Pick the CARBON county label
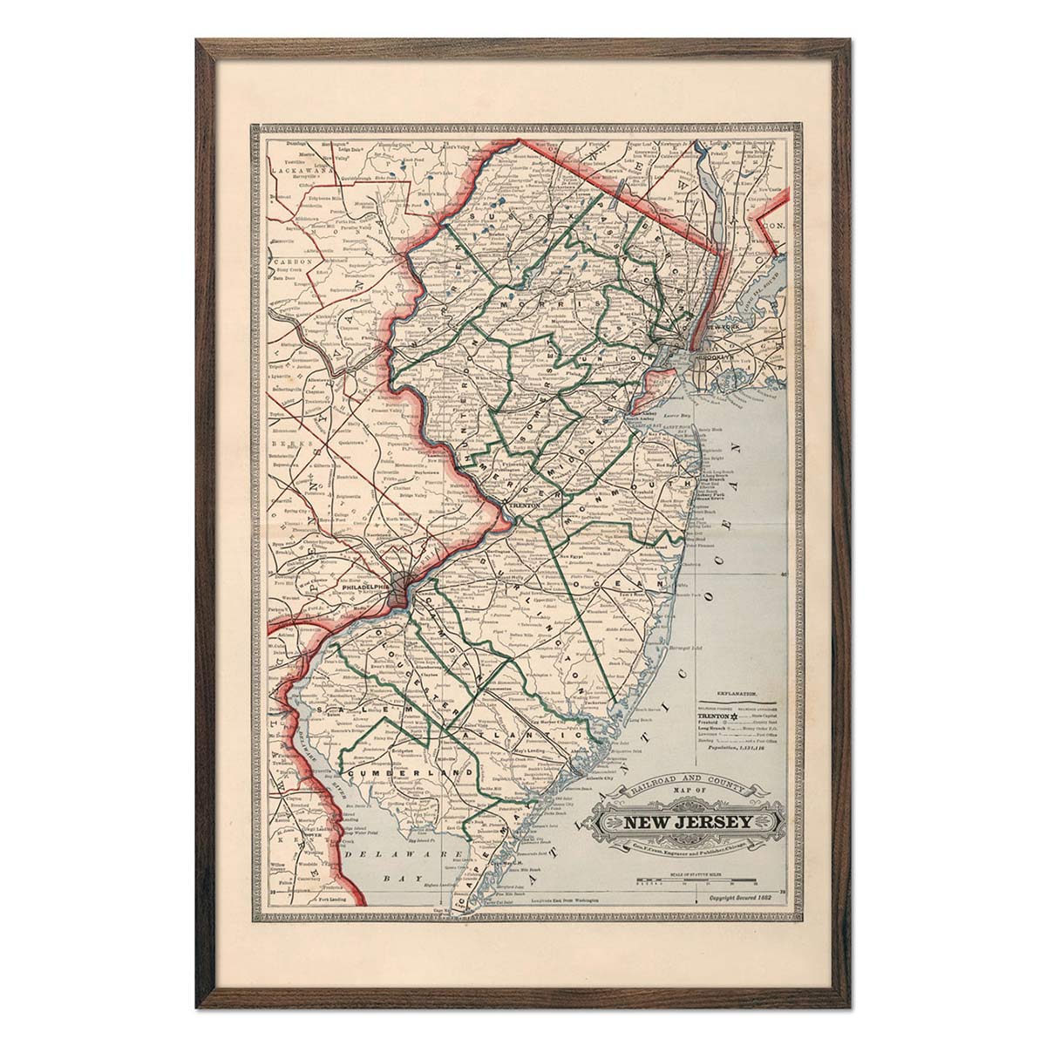[x=288, y=261]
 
